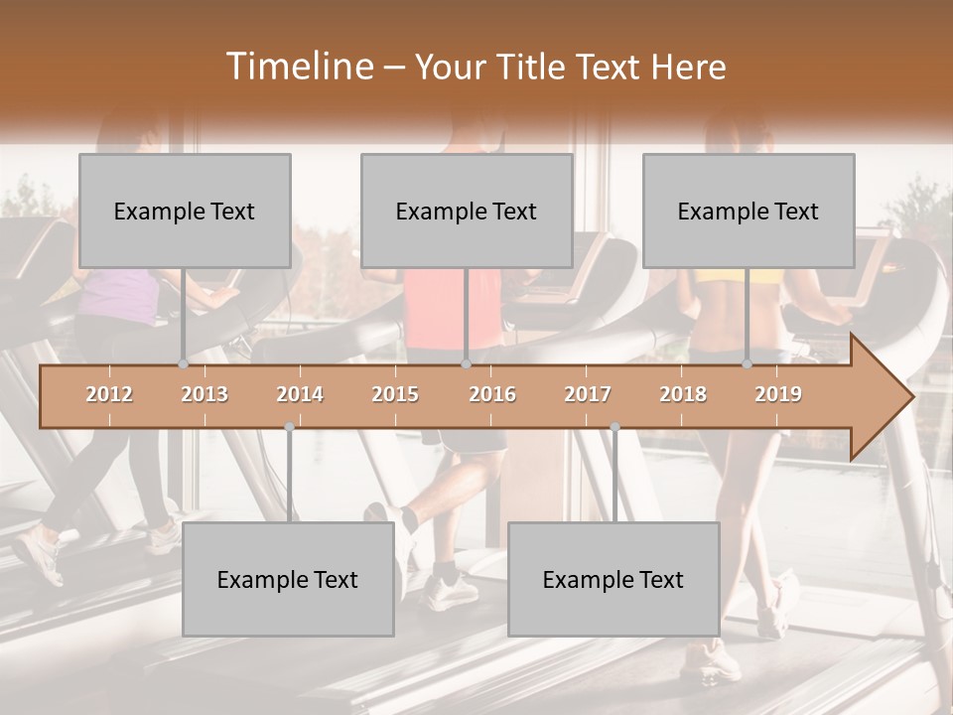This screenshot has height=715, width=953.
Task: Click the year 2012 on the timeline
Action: (109, 394)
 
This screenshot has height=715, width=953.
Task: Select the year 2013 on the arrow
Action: (204, 394)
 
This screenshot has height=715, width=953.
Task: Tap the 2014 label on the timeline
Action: (300, 394)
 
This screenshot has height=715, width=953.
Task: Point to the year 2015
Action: (395, 394)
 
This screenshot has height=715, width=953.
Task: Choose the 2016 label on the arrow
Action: (492, 394)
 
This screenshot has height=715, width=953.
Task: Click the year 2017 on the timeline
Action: (588, 394)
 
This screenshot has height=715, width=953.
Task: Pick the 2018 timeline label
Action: (683, 394)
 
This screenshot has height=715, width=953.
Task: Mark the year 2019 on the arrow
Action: (778, 394)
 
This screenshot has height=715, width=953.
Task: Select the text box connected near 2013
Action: (185, 211)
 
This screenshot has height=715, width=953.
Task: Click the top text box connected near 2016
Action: (467, 211)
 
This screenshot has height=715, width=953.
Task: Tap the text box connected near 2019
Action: (749, 211)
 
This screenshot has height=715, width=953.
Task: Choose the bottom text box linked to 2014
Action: (288, 579)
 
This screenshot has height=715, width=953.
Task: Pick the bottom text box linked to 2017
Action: (613, 579)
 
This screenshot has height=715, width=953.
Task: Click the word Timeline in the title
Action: (298, 67)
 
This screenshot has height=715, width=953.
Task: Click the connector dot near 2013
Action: (183, 363)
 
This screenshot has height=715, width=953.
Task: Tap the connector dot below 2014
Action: (289, 427)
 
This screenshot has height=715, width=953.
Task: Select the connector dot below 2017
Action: (614, 427)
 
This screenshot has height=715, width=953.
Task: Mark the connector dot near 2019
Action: (748, 363)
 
